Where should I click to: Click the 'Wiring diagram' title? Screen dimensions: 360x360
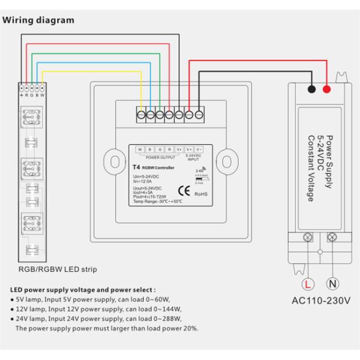pos(39,20)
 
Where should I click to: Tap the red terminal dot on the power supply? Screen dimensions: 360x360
pos(326,90)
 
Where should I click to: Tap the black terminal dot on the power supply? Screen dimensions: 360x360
pos(311,90)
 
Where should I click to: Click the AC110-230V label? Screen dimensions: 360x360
pos(320,300)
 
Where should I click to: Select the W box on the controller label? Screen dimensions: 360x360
pos(140,149)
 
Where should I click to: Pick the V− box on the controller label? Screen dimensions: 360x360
pos(199,149)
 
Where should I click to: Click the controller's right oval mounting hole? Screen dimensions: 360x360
pos(228,160)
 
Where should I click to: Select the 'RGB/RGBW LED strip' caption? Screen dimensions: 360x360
pos(58,269)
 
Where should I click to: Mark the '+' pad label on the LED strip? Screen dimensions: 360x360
pos(22,95)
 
